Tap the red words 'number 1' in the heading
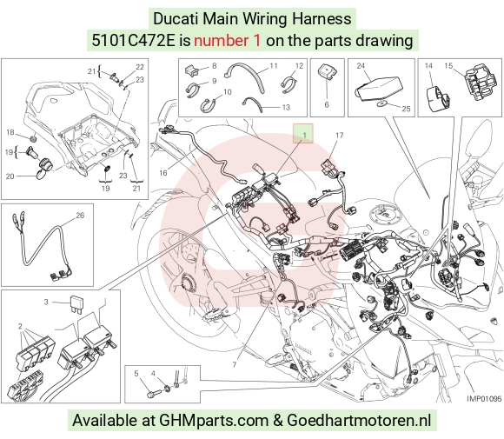227,41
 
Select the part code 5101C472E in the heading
133,41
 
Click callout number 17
340,136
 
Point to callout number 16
163,173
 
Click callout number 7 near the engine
235,364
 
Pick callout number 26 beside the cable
80,216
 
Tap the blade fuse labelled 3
77,304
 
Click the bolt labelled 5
153,393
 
